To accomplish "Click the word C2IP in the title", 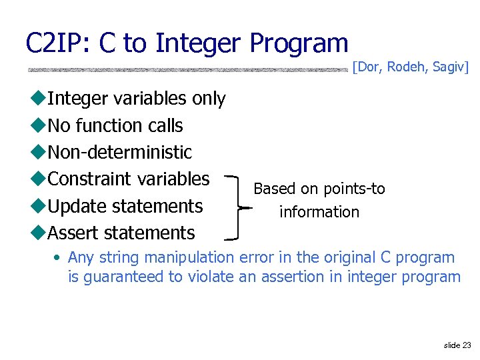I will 58,43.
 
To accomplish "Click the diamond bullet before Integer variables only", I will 38,99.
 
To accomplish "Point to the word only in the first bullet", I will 208,99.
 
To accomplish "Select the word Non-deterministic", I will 119,152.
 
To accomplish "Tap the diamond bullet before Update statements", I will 38,207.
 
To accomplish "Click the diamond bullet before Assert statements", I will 38,233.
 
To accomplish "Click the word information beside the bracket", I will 319,212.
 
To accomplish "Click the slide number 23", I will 466,345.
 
